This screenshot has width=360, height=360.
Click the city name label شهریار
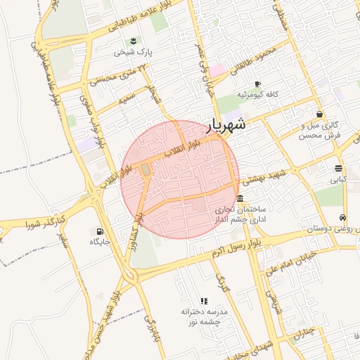226,125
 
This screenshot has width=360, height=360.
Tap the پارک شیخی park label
133,52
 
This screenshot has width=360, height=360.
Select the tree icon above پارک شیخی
134,39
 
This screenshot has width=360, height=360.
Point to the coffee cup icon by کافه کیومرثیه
258,83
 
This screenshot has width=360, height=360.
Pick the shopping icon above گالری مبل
320,114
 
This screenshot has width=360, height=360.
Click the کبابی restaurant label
339,179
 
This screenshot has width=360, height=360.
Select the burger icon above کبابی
339,168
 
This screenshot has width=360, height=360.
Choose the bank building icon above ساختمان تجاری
240,197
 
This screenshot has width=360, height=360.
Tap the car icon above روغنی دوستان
342,217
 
